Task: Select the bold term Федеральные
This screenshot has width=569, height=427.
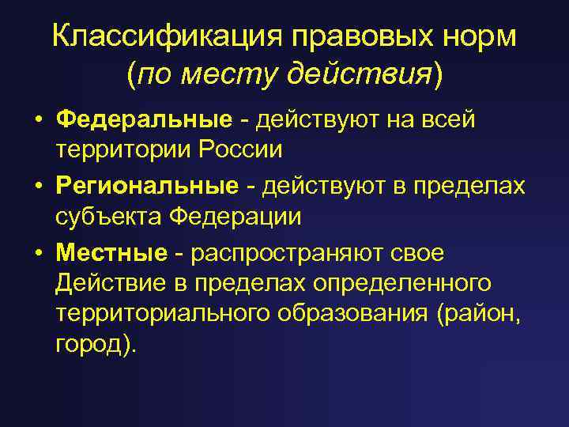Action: (x=144, y=120)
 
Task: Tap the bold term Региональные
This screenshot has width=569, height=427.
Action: (x=147, y=187)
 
